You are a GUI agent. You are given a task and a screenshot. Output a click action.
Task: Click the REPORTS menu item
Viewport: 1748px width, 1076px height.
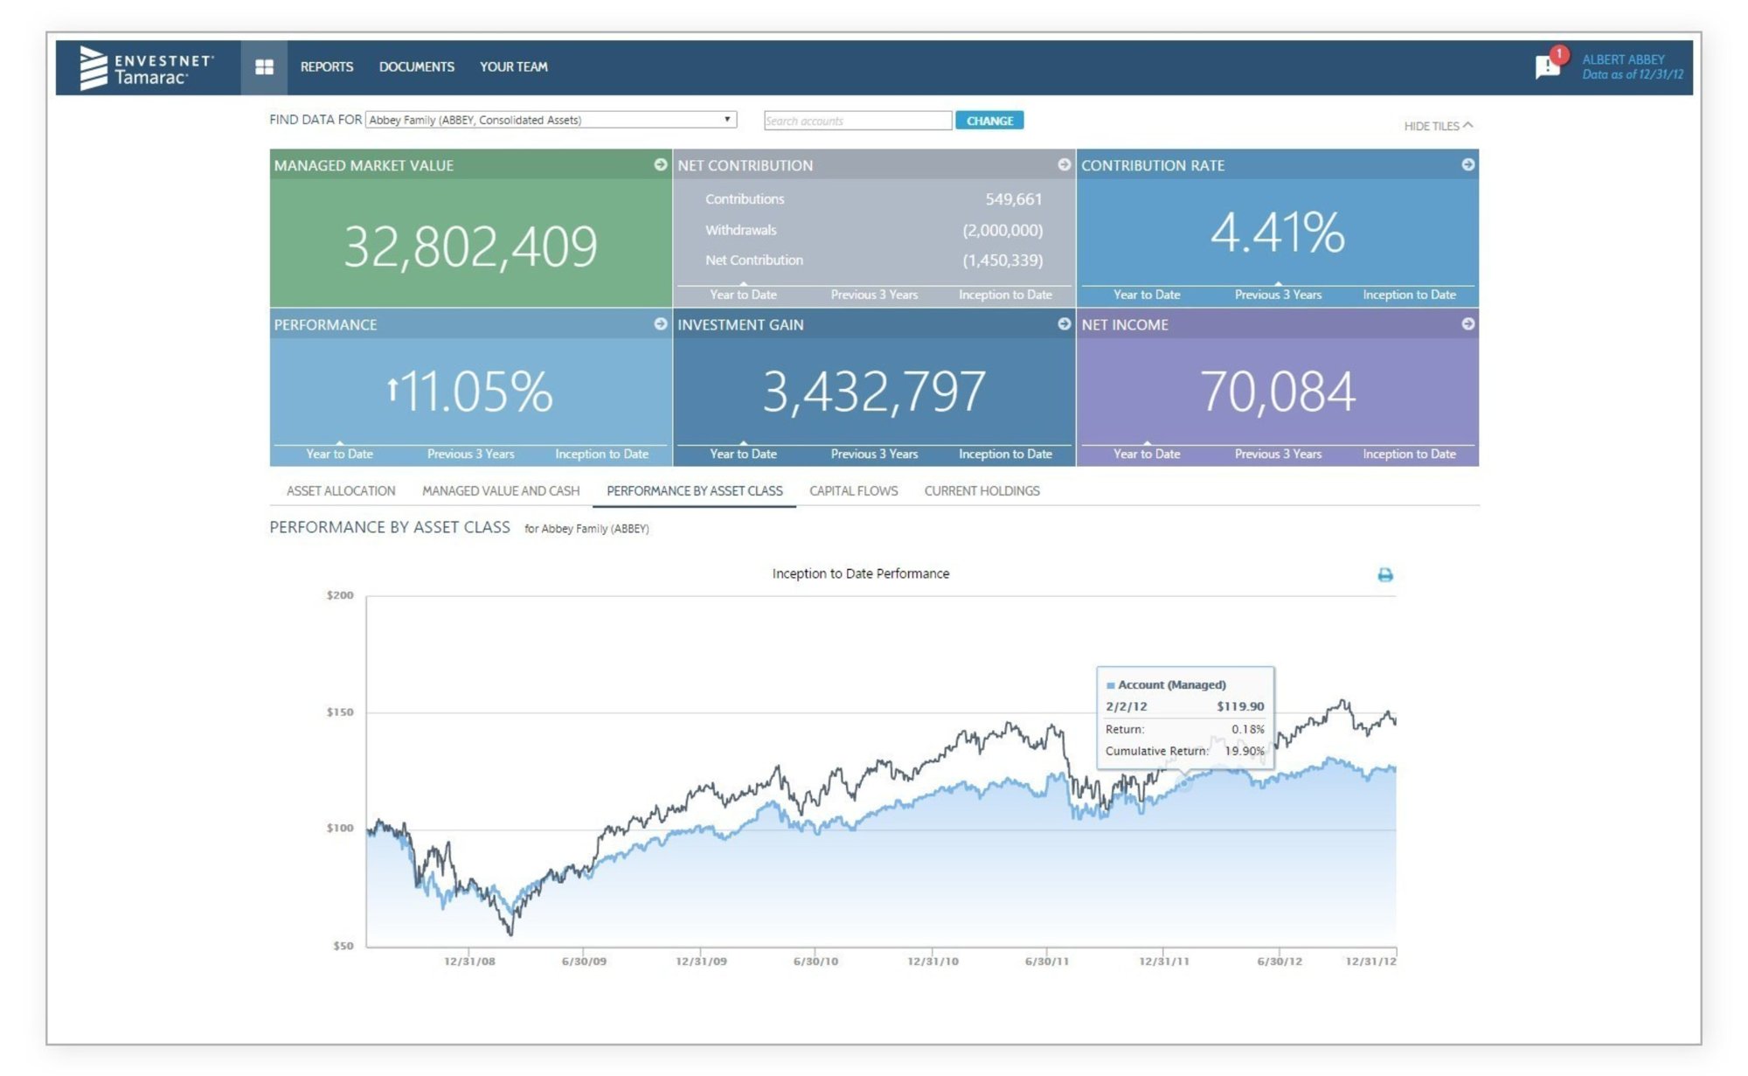click(327, 66)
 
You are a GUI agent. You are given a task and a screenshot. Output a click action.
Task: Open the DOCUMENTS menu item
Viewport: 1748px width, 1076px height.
click(416, 66)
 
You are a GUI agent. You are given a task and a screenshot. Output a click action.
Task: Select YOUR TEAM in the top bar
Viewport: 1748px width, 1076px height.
click(513, 66)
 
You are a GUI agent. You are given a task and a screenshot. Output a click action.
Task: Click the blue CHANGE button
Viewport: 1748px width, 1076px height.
click(988, 121)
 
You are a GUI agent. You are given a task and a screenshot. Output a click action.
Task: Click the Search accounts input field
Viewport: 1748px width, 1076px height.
click(857, 121)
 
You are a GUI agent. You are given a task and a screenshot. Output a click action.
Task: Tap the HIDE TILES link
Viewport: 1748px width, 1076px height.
click(1437, 126)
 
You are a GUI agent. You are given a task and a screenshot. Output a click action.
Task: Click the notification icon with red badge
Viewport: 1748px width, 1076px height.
click(1548, 66)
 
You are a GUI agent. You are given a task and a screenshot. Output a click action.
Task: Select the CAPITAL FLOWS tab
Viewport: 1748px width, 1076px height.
click(853, 490)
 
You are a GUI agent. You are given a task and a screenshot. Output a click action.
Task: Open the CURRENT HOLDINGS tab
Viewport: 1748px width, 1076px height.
click(982, 490)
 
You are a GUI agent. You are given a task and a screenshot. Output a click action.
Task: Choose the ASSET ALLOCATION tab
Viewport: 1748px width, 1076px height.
click(341, 490)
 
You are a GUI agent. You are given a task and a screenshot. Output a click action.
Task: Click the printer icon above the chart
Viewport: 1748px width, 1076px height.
click(1384, 574)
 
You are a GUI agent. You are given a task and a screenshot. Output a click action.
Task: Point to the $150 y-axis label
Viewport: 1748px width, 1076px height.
click(339, 712)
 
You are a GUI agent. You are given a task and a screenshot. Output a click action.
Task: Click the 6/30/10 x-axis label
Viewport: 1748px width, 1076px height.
click(815, 961)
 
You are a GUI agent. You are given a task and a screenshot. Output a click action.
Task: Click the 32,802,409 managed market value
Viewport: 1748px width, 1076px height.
click(470, 246)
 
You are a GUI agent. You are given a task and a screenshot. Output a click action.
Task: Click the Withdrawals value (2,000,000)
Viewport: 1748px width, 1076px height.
click(1002, 230)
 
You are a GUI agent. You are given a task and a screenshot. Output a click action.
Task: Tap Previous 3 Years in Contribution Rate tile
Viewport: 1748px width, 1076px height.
click(1277, 295)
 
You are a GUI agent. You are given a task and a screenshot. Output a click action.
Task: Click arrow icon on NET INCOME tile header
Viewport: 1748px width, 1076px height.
click(1467, 323)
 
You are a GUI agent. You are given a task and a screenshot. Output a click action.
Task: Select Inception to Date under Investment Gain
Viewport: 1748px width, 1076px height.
click(1004, 454)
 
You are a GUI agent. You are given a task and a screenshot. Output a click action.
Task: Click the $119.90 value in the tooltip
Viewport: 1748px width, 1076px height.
click(1239, 706)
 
